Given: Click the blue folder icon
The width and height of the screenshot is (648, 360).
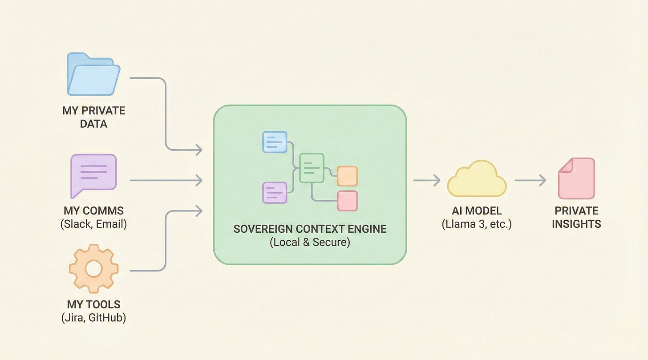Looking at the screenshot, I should (x=93, y=75).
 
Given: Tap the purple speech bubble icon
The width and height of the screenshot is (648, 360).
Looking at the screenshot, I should (x=93, y=174).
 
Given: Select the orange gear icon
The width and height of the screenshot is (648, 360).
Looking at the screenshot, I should (x=93, y=268).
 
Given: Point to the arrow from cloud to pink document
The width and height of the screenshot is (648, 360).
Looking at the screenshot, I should (x=530, y=180).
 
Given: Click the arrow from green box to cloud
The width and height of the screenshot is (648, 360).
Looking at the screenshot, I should (x=426, y=180).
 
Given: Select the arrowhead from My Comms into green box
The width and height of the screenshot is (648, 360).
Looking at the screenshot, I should (x=198, y=180).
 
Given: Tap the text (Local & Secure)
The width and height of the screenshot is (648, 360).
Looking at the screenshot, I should (x=310, y=243).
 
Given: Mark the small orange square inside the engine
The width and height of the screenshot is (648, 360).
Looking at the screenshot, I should (x=347, y=176).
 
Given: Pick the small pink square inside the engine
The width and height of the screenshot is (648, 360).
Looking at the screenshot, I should (x=347, y=200).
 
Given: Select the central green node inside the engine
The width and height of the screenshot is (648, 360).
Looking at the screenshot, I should (x=312, y=167).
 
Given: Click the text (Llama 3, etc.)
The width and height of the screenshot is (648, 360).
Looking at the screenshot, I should (x=477, y=224).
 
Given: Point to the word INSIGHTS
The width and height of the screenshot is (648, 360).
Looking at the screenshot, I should (x=576, y=223).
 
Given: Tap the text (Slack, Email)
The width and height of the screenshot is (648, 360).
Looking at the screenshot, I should (x=93, y=224).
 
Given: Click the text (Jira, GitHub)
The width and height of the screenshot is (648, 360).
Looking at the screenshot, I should (x=93, y=318).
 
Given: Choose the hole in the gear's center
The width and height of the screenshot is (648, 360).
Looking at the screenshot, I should (x=93, y=268).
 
